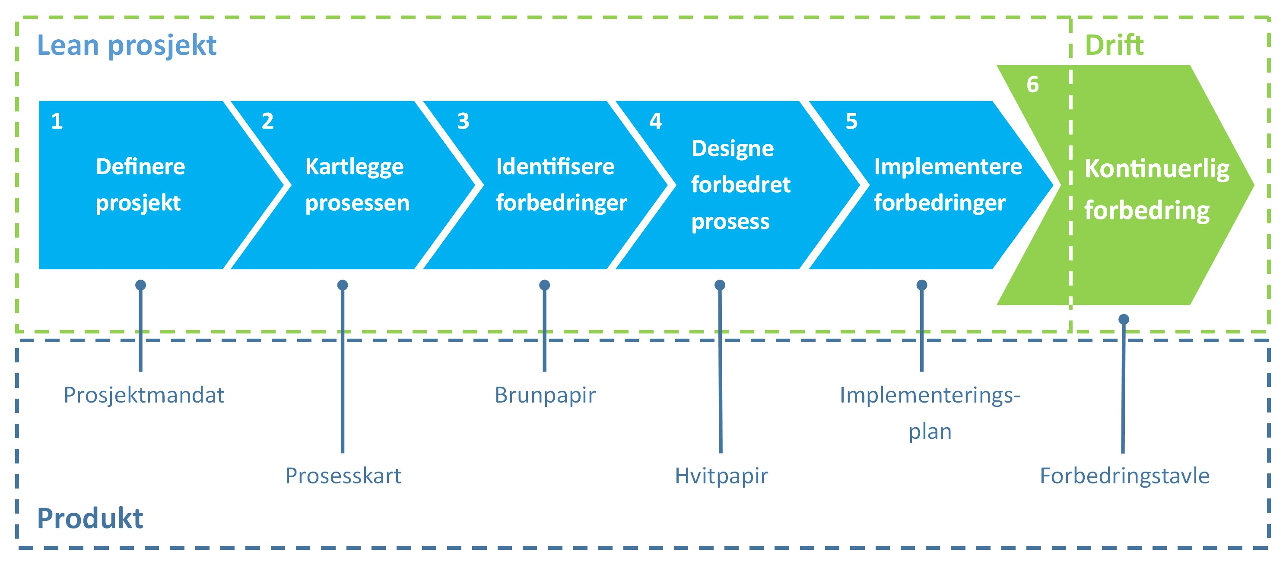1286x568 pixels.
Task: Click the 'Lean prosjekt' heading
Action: pos(127,46)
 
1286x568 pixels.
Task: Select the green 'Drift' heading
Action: pos(1114,46)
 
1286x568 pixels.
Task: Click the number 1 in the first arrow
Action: pos(57,121)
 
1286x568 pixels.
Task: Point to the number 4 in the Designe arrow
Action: pos(655,121)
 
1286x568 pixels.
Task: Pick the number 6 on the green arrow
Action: pos(1032,85)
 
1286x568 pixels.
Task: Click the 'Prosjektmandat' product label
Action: pos(144,395)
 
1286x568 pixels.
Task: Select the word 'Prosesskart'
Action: pos(343,476)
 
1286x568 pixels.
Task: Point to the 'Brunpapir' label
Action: pos(545,395)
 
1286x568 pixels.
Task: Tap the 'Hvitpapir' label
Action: pos(721,476)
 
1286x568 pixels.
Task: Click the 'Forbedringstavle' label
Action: pos(1124,476)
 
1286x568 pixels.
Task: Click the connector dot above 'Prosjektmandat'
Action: pos(141,285)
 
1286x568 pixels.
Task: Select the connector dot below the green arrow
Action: pos(1124,320)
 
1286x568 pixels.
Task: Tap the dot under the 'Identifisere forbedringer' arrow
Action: pos(545,285)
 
